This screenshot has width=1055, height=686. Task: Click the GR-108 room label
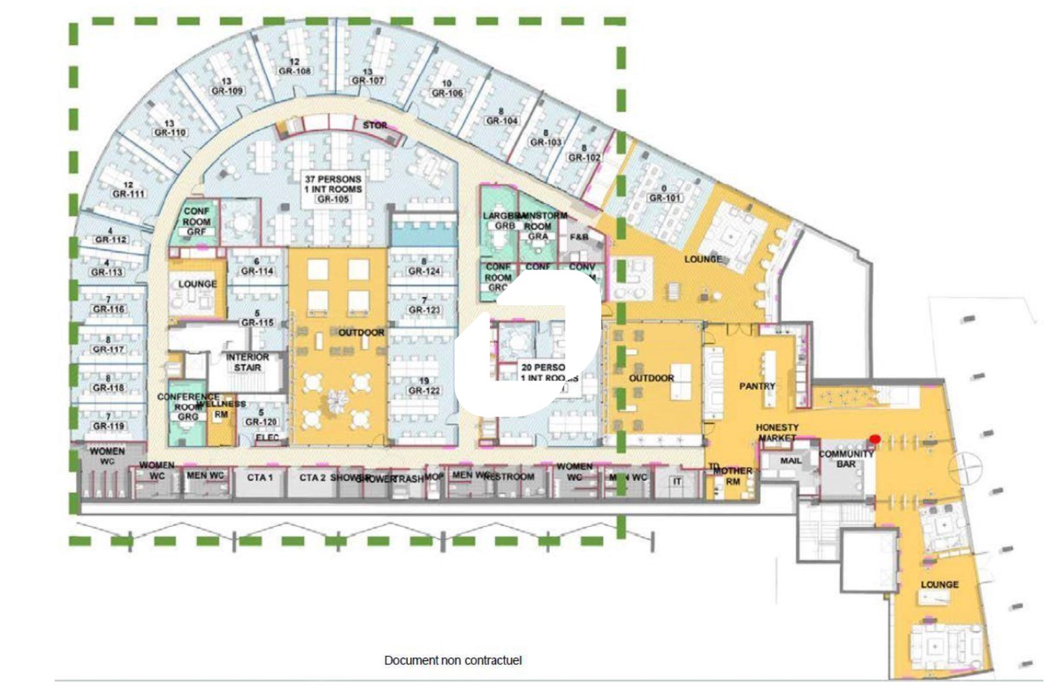pos(294,71)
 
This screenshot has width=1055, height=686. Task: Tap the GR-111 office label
pos(129,194)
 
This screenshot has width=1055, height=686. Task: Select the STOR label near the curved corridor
pos(375,125)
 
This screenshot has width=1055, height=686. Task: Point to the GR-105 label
pos(332,199)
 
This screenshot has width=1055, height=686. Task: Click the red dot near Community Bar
pos(875,439)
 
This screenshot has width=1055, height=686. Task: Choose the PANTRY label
pos(757,386)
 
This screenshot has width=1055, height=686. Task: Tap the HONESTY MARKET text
pos(777,433)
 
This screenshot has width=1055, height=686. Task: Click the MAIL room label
pos(791,460)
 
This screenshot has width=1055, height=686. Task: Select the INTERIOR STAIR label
pos(247,362)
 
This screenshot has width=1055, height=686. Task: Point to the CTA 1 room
pos(260,478)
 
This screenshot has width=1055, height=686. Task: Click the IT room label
pos(677,482)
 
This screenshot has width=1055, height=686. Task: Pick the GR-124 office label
pos(424,271)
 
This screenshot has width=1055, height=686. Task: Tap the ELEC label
pos(267,437)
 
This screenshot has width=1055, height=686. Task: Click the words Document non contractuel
pos(453,660)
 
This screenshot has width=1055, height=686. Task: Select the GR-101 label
pos(665,198)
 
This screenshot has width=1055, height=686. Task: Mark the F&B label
pos(579,237)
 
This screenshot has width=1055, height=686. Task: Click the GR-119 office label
pos(109,426)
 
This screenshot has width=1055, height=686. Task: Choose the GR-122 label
pos(424,390)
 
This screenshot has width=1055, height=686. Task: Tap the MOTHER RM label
pos(733,476)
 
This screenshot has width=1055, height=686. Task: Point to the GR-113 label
pos(107,272)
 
